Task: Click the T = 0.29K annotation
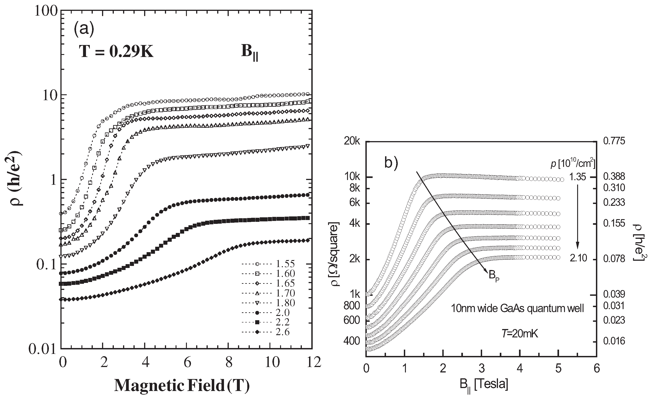116,51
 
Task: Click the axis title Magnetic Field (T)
182,386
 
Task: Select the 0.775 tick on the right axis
614,141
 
